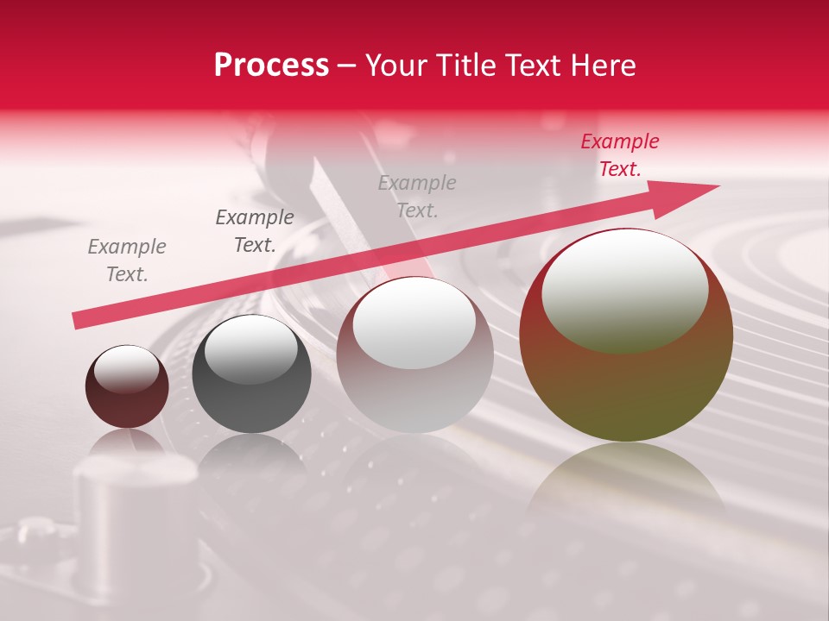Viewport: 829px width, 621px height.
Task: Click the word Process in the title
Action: pyautogui.click(x=271, y=66)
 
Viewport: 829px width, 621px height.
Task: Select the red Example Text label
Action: pyautogui.click(x=620, y=155)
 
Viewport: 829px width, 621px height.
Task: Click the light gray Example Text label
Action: pyautogui.click(x=417, y=197)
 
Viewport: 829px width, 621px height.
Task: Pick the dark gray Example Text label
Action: pyautogui.click(x=255, y=231)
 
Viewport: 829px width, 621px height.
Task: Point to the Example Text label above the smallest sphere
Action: pyautogui.click(x=127, y=260)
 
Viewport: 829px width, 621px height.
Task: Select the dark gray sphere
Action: pyautogui.click(x=251, y=397)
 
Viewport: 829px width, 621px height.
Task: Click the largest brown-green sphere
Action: pyautogui.click(x=626, y=379)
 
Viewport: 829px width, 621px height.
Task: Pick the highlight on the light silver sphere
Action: pyautogui.click(x=414, y=323)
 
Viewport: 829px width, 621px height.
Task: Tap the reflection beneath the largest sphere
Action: pyautogui.click(x=626, y=483)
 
